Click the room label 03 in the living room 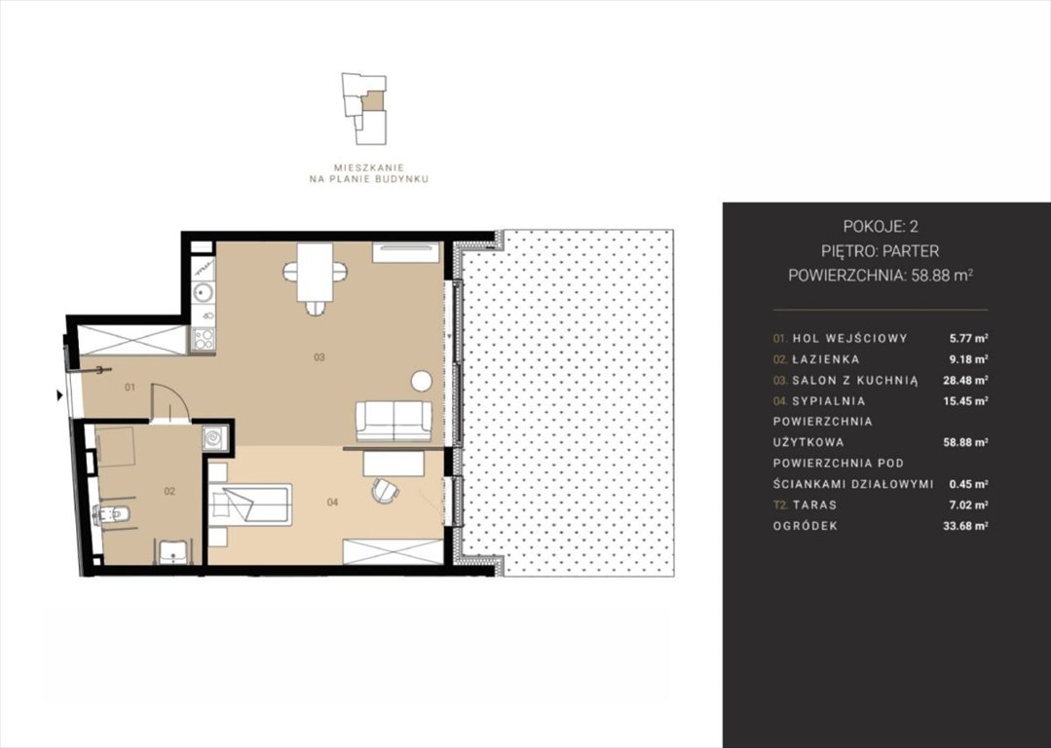(319, 357)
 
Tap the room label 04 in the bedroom (332, 502)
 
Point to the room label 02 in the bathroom (169, 491)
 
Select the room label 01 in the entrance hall (130, 387)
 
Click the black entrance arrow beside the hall (59, 395)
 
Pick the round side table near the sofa (422, 381)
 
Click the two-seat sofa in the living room (394, 421)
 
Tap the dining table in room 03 (315, 273)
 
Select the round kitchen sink (203, 293)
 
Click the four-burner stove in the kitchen (204, 339)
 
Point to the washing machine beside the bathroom (215, 437)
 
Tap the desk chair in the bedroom (385, 490)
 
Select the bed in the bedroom (250, 505)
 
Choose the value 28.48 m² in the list (965, 380)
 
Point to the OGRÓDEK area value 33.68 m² (965, 526)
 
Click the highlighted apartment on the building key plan (373, 101)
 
